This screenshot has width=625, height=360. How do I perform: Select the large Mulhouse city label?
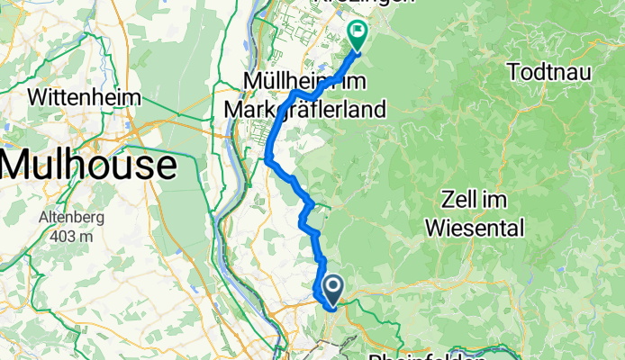pyautogui.click(x=87, y=165)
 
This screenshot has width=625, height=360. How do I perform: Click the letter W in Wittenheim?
pyautogui.click(x=40, y=96)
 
